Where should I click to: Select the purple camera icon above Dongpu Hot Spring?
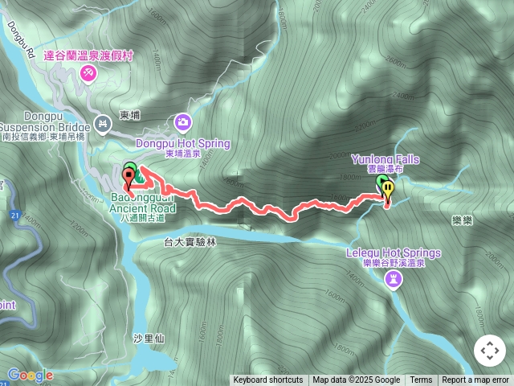pyautogui.click(x=183, y=122)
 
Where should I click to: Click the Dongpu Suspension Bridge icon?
pyautogui.click(x=102, y=123)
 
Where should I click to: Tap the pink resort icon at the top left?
pyautogui.click(x=88, y=73)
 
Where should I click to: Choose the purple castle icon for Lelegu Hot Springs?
pyautogui.click(x=394, y=278)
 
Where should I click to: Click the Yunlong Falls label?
pyautogui.click(x=385, y=159)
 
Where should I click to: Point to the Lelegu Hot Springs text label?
pyautogui.click(x=394, y=253)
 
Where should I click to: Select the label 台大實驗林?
pyautogui.click(x=190, y=241)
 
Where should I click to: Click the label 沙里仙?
pyautogui.click(x=149, y=339)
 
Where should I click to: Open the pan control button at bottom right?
pyautogui.click(x=489, y=351)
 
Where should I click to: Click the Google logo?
pyautogui.click(x=30, y=375)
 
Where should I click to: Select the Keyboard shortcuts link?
pyautogui.click(x=268, y=380)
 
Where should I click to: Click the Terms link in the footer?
pyautogui.click(x=421, y=380)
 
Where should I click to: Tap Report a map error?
pyautogui.click(x=475, y=380)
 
